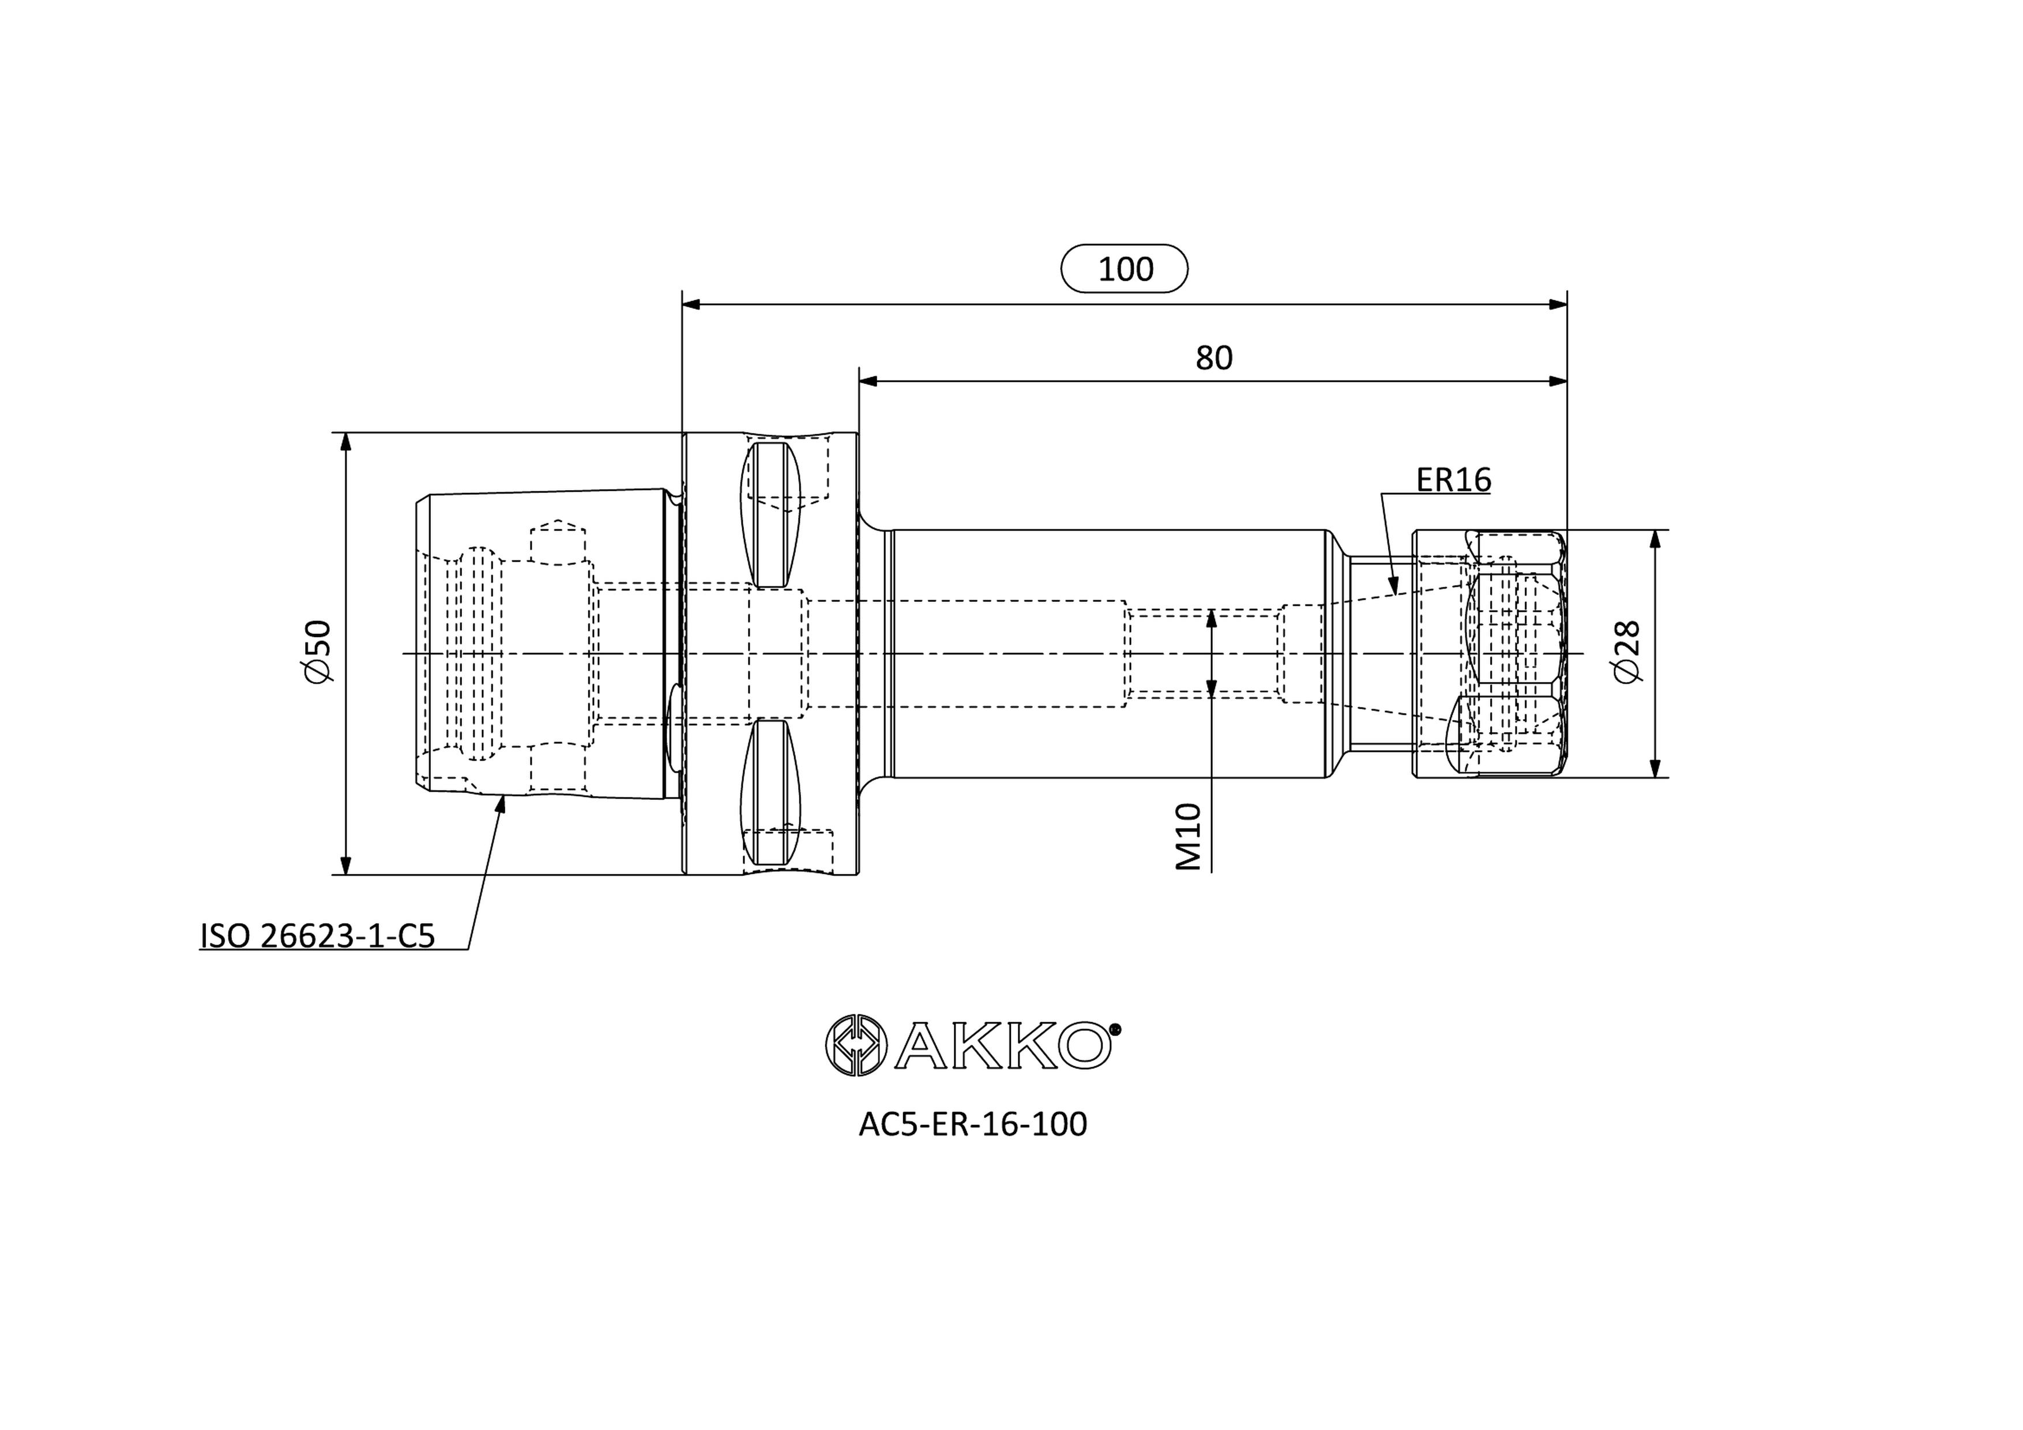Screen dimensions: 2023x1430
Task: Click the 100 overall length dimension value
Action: click(1125, 269)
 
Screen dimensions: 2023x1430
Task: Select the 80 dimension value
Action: click(1213, 357)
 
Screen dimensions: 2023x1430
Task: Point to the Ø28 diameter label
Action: click(1627, 652)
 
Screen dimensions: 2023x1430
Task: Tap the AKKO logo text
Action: click(1002, 1046)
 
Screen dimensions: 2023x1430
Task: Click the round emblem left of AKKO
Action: click(855, 1046)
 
